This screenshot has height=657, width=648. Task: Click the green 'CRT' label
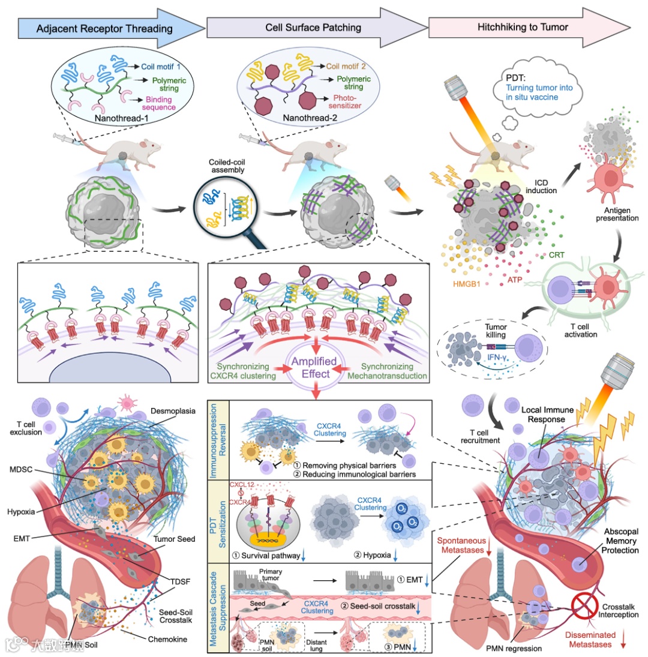pos(556,255)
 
